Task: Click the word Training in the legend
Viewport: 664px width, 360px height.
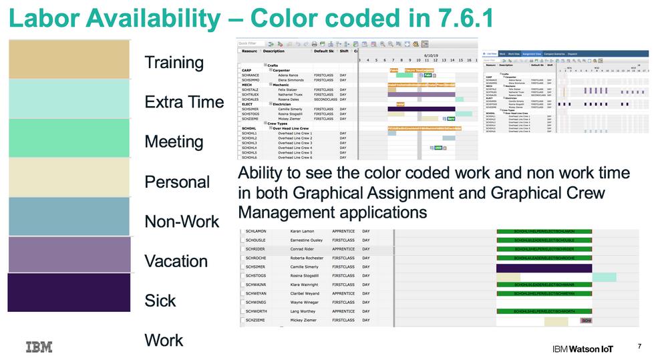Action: (174, 63)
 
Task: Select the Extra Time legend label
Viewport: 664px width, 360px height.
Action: (184, 102)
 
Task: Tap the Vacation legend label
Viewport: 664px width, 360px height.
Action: (176, 261)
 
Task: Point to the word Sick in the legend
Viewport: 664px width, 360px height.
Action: (160, 301)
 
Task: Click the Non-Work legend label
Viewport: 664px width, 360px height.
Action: (182, 221)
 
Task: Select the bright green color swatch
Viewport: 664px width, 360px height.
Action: (69, 138)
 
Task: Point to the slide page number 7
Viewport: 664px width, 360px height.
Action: (639, 346)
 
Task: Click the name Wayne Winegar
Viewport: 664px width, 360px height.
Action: (306, 303)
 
